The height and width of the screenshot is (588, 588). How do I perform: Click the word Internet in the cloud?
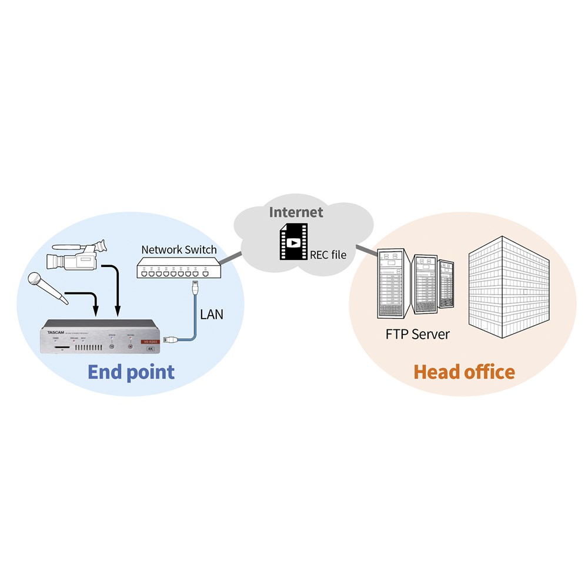coord(296,212)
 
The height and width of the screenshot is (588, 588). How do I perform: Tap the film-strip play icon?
coord(292,242)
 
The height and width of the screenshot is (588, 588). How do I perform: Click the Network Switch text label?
coord(179,249)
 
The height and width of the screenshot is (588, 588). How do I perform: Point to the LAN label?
coord(212,314)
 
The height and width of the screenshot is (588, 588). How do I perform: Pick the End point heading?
coord(131,372)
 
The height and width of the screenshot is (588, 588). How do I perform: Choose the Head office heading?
coord(464,372)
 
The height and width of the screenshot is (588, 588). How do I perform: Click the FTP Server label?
coord(417,335)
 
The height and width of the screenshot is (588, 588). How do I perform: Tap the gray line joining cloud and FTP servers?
coord(365,249)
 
